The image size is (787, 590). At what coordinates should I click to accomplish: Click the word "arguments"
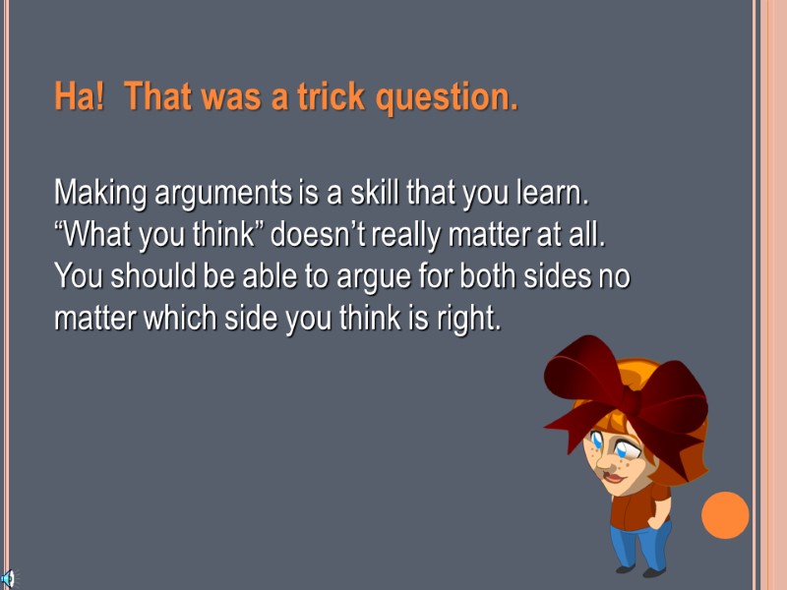coord(221,195)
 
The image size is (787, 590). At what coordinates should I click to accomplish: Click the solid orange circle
coord(725,515)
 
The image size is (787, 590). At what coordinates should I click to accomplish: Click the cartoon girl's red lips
coord(612,478)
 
